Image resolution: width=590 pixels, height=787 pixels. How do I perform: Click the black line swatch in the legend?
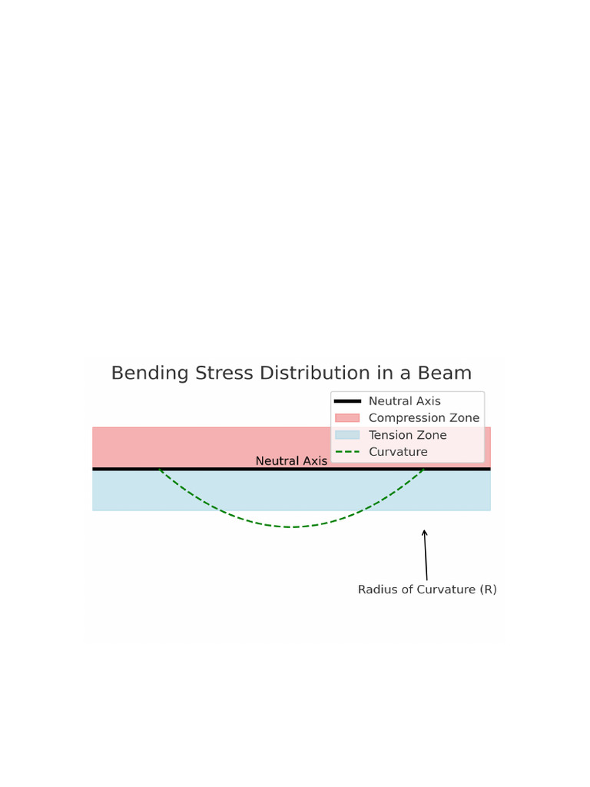(347, 401)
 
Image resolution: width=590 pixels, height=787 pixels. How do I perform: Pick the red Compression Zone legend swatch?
(347, 418)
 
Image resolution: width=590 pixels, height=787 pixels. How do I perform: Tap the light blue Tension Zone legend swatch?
(347, 435)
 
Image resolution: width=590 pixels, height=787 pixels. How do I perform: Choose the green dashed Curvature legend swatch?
(347, 452)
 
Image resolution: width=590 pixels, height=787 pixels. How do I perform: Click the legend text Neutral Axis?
(404, 401)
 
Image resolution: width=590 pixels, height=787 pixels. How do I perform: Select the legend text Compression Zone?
(423, 418)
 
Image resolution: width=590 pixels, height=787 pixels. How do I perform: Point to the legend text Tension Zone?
(407, 435)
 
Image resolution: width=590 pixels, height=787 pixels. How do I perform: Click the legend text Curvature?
(398, 452)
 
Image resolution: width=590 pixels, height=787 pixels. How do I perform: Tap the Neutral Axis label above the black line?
(291, 461)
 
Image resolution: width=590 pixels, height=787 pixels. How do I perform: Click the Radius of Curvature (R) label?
(427, 589)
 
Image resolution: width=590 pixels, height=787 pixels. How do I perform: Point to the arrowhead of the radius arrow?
(424, 531)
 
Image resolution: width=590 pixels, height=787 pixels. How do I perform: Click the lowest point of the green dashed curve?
(293, 527)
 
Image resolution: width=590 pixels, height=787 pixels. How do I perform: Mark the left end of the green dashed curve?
(160, 470)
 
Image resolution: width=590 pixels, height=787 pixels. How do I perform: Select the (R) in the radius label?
(488, 589)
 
